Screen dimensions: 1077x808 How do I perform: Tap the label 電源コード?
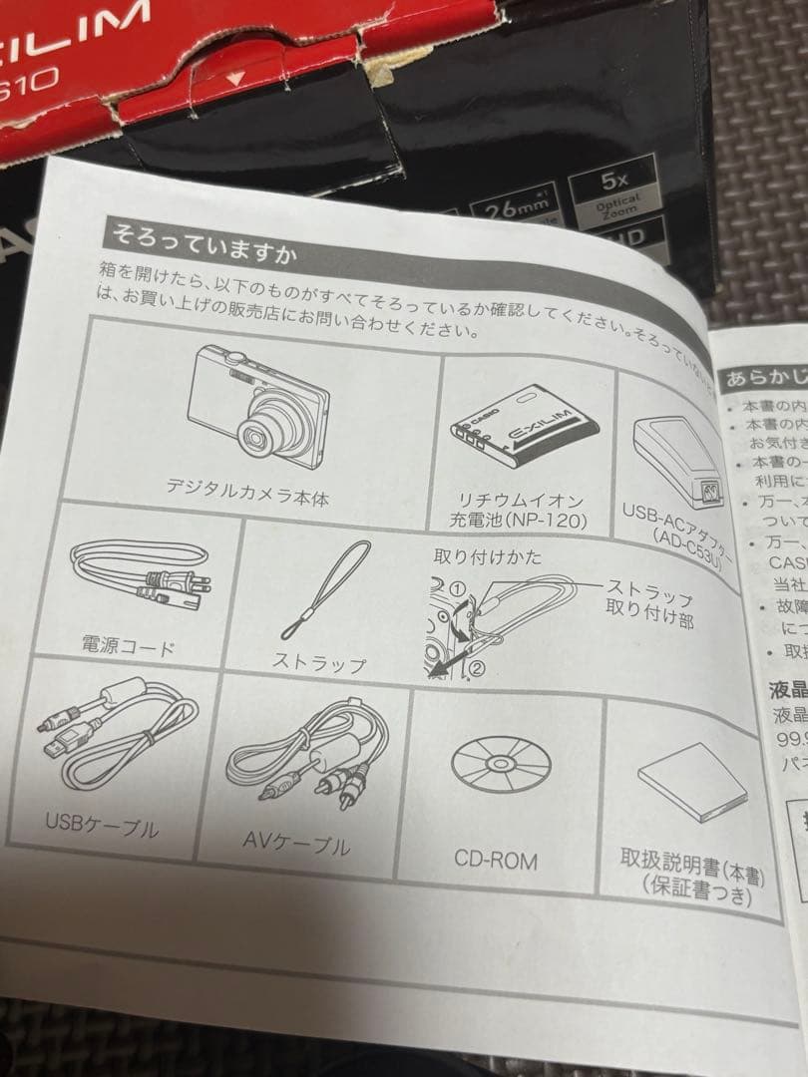[128, 646]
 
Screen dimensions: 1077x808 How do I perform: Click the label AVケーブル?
[296, 845]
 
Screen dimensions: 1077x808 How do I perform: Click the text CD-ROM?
[496, 859]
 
